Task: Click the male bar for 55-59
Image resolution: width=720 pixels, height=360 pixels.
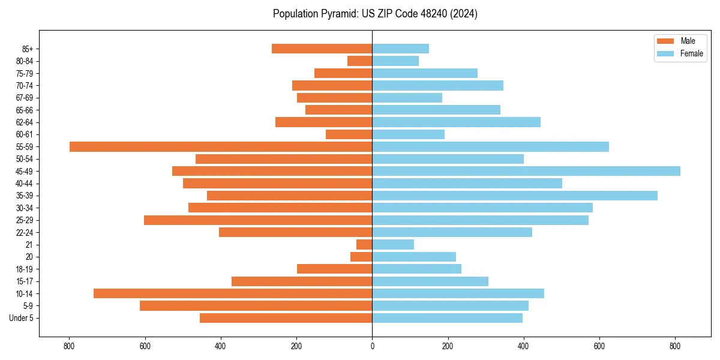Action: pyautogui.click(x=221, y=147)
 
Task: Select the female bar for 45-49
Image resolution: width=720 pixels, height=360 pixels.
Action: pyautogui.click(x=526, y=171)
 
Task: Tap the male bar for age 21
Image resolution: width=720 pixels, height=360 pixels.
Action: pyautogui.click(x=364, y=245)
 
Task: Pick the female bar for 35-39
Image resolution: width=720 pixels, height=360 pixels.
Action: pyautogui.click(x=515, y=196)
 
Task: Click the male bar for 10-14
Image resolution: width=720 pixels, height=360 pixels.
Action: pyautogui.click(x=233, y=293)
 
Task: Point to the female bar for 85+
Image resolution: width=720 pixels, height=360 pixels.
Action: pyautogui.click(x=400, y=49)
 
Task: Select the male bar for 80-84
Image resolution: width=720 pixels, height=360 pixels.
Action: pyautogui.click(x=360, y=61)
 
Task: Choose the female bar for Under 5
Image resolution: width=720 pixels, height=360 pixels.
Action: pyautogui.click(x=447, y=318)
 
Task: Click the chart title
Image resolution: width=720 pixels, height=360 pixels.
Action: pyautogui.click(x=375, y=14)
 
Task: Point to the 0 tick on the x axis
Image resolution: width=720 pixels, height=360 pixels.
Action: pyautogui.click(x=372, y=346)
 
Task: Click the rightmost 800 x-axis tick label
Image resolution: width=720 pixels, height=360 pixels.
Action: pyautogui.click(x=675, y=346)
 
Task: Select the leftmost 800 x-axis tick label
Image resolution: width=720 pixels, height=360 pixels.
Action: pyautogui.click(x=69, y=346)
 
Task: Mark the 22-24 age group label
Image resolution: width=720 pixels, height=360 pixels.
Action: pyautogui.click(x=25, y=233)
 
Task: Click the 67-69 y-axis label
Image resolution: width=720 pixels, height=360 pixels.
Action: pyautogui.click(x=25, y=98)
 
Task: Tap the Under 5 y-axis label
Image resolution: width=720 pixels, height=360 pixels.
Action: pyautogui.click(x=22, y=318)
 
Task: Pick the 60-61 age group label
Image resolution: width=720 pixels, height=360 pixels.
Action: pyautogui.click(x=25, y=134)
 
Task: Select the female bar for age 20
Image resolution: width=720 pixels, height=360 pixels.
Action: pyautogui.click(x=414, y=257)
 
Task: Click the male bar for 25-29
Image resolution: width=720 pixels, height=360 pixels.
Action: pyautogui.click(x=258, y=220)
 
